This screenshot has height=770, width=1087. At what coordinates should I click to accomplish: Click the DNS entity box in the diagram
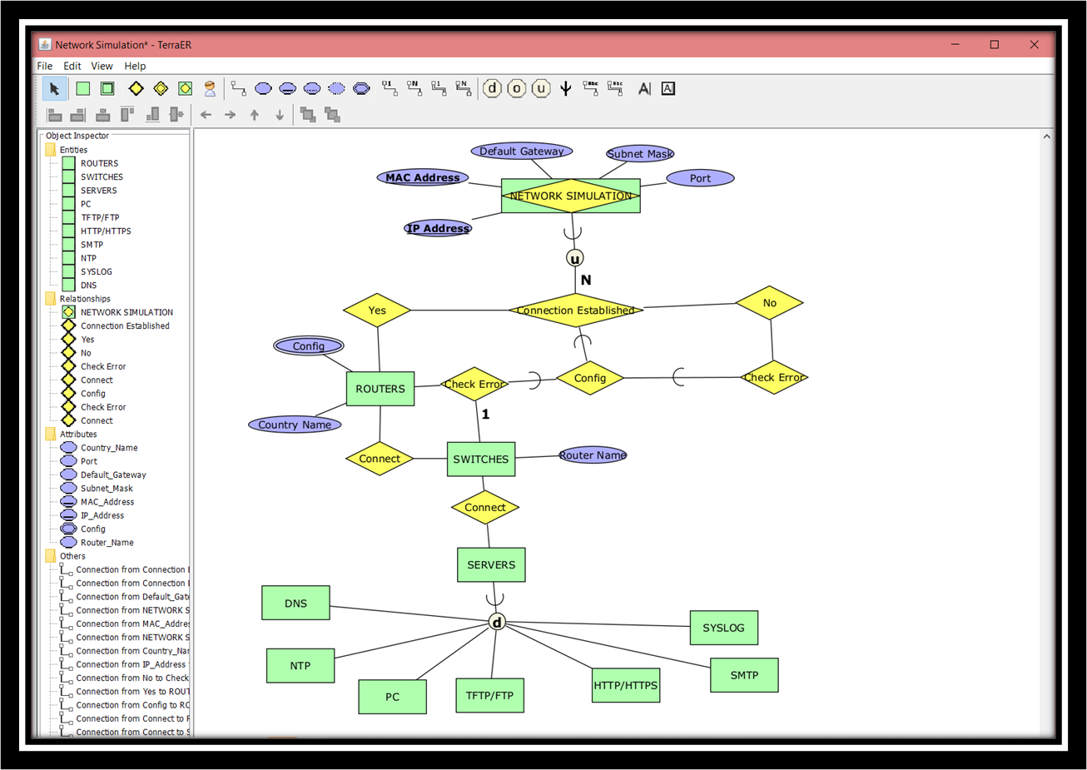(295, 603)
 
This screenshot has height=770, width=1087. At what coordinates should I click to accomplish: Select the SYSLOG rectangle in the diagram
(723, 628)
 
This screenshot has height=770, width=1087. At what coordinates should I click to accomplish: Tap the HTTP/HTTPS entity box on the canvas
(626, 685)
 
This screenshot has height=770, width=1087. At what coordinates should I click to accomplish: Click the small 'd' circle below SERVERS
(497, 622)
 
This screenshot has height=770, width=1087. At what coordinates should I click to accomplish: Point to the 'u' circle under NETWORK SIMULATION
(574, 258)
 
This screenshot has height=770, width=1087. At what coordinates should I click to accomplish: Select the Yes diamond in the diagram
(377, 310)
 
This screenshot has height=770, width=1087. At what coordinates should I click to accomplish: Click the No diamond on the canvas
(769, 303)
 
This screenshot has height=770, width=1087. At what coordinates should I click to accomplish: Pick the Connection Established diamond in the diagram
(575, 310)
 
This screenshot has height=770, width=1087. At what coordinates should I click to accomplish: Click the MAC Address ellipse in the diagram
(422, 177)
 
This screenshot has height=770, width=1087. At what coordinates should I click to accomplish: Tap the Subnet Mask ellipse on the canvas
(639, 154)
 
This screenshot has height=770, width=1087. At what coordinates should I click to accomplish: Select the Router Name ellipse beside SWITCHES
(593, 455)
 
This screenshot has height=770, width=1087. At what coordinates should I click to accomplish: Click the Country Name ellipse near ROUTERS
(295, 425)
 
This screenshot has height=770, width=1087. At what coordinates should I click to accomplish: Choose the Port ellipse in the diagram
(700, 178)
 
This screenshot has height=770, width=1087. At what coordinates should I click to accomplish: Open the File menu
(45, 66)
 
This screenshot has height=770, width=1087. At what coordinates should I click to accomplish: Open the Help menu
(135, 66)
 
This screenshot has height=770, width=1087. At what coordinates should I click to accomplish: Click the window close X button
(1034, 45)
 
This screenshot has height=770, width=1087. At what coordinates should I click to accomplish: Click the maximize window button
(994, 45)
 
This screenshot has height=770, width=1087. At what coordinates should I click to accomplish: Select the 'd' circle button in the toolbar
(492, 88)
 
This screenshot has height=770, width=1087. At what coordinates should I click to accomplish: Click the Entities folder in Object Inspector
(72, 150)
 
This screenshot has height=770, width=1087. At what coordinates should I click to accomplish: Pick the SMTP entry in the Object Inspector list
(92, 245)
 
